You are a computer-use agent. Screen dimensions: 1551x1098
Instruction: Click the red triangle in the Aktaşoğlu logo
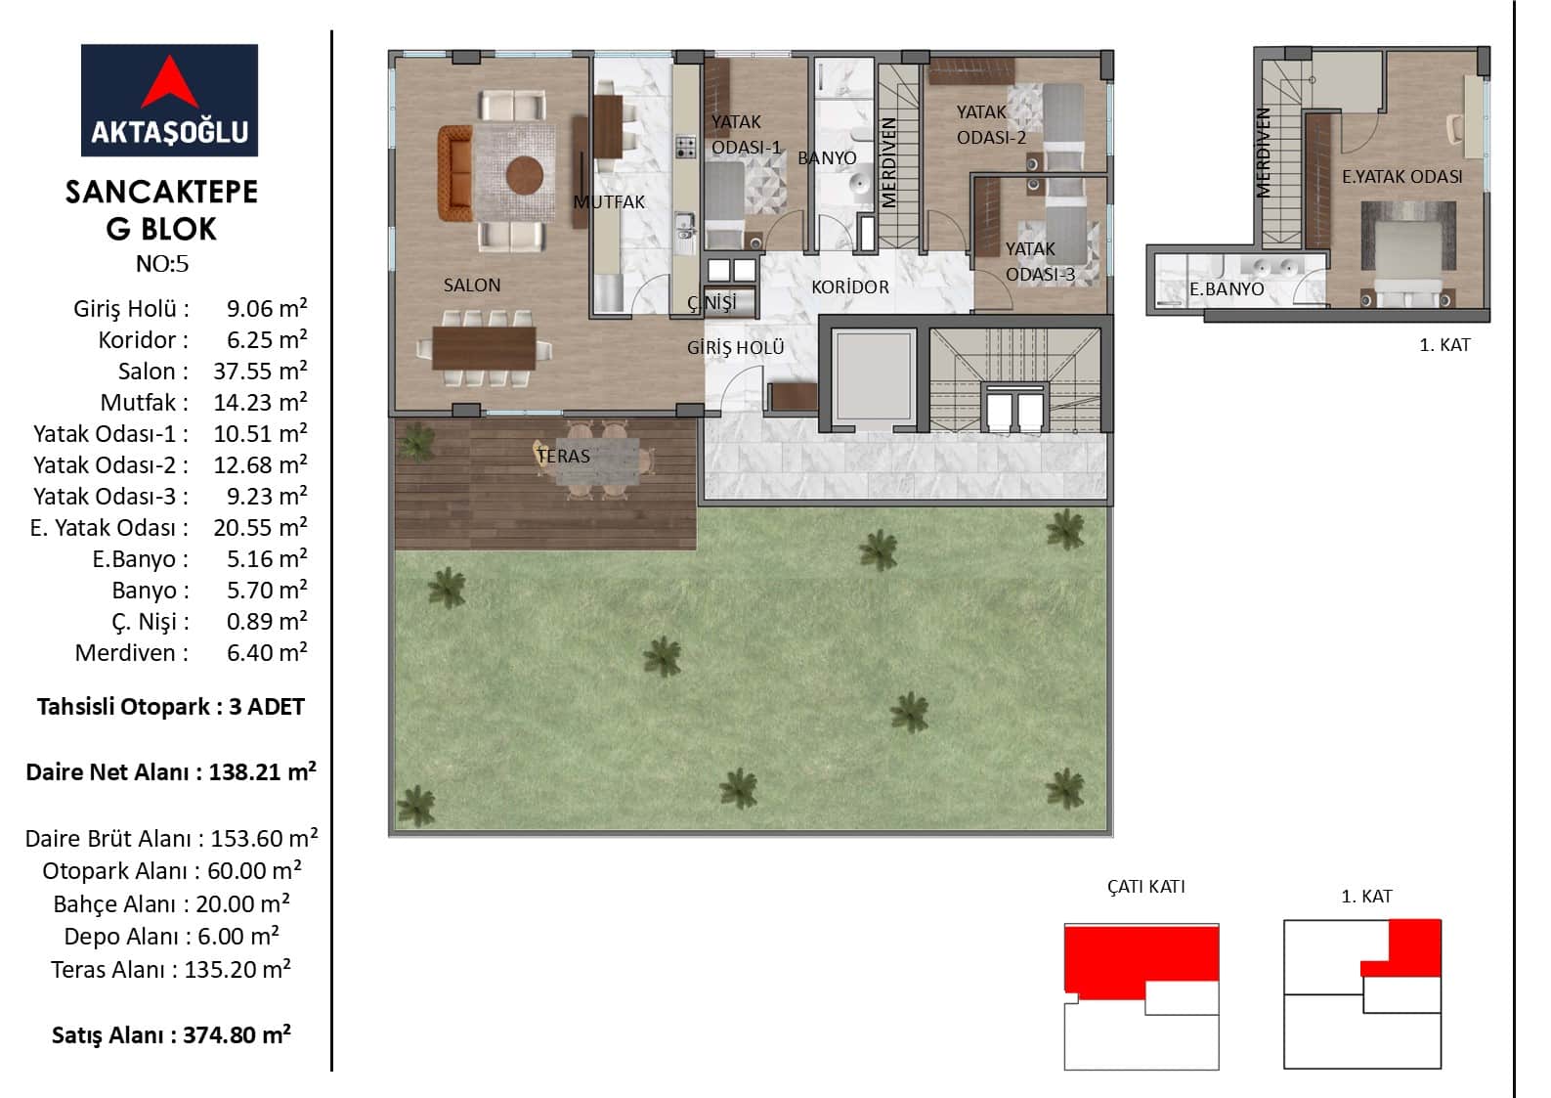169,84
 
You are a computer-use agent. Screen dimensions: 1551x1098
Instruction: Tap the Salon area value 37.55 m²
260,371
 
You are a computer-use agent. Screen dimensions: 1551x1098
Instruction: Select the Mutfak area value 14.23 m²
260,402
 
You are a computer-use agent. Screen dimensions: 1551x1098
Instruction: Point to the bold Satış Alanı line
171,1034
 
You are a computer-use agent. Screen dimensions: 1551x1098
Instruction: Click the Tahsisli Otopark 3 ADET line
170,706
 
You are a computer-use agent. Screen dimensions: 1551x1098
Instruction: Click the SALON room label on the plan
471,285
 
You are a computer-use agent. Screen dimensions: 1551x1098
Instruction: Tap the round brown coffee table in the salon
524,175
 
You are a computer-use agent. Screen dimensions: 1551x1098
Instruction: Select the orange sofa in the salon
454,173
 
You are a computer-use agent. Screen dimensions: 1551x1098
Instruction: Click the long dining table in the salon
484,348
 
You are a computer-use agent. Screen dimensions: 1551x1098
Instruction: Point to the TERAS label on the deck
563,456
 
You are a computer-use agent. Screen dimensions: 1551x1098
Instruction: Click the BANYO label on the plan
827,158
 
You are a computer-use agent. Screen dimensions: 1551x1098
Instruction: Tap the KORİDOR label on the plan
849,286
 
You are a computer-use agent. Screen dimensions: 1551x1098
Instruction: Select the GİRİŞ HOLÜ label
735,347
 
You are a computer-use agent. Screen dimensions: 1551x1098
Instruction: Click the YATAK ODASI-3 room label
1039,262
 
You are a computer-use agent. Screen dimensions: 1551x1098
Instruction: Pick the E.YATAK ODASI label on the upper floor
1402,177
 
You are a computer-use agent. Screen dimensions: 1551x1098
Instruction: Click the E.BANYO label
1227,288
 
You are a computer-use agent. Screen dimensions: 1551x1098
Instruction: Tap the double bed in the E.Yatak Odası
1407,253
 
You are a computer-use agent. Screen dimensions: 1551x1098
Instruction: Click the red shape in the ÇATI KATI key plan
1142,959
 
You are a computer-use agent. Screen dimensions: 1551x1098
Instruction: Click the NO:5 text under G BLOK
162,263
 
